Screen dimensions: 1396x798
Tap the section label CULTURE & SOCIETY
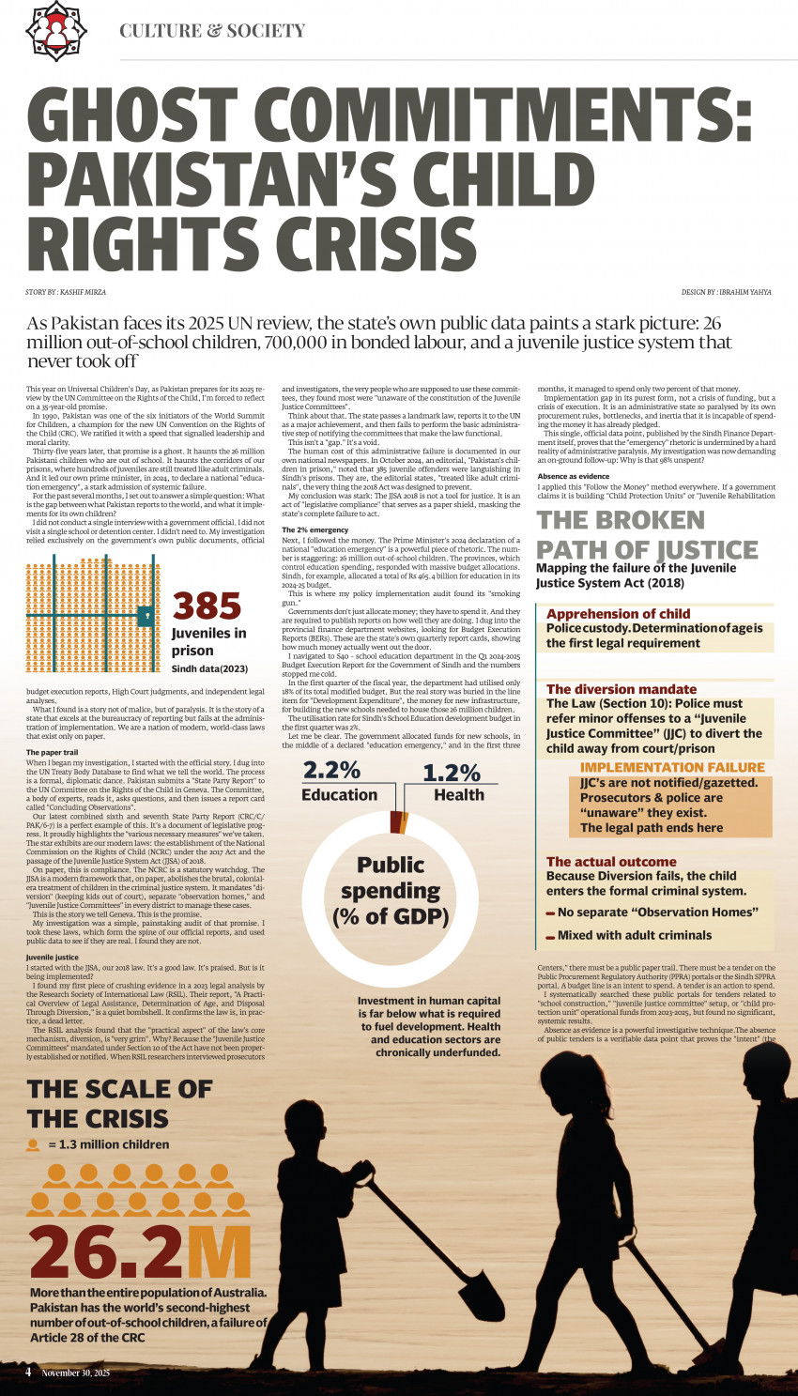(x=212, y=31)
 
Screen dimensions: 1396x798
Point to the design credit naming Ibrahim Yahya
(x=726, y=292)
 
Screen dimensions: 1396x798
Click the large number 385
(x=207, y=606)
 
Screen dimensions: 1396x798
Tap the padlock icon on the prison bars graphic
(x=146, y=615)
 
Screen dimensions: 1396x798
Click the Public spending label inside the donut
(x=391, y=889)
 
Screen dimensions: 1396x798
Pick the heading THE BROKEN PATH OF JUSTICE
(x=647, y=534)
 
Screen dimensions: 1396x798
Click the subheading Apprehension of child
(x=618, y=614)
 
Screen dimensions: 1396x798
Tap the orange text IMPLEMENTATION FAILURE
(x=672, y=767)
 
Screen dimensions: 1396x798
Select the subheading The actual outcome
(x=611, y=862)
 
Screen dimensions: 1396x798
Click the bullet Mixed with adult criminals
(x=634, y=935)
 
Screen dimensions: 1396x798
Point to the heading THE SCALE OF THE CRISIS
(x=120, y=1103)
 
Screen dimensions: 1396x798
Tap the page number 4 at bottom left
(x=28, y=1372)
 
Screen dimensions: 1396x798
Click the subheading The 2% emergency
(x=315, y=530)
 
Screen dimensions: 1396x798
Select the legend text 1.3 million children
(x=109, y=1144)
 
